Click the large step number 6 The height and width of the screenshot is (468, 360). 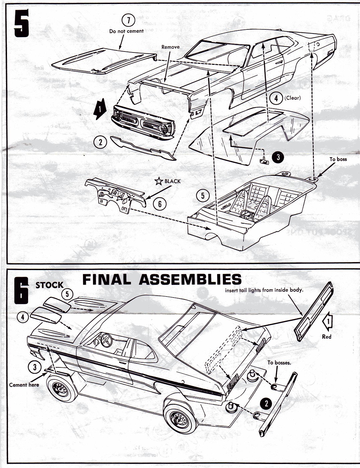click(21, 291)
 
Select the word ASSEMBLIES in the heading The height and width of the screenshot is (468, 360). click(190, 279)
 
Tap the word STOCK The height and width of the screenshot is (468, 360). click(50, 285)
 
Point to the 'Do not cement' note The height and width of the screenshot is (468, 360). click(126, 31)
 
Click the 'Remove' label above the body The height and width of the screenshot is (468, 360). click(170, 47)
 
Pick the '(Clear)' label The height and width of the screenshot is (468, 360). click(292, 98)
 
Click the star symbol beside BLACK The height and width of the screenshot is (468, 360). click(158, 182)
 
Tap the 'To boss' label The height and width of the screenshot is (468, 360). click(338, 159)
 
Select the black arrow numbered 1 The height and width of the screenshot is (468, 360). click(100, 109)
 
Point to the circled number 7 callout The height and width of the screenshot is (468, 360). click(128, 21)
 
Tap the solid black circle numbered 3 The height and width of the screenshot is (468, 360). click(277, 157)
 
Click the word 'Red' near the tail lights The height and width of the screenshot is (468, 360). click(327, 337)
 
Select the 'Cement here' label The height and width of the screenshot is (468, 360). click(24, 385)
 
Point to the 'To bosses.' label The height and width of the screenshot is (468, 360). click(279, 363)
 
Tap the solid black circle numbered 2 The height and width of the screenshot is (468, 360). click(266, 403)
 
